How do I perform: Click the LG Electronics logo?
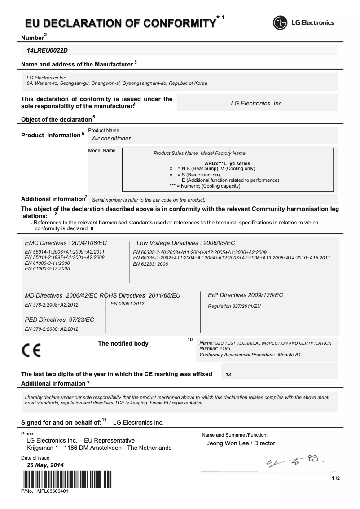pyautogui.click(x=304, y=22)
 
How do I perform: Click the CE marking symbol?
pyautogui.click(x=31, y=350)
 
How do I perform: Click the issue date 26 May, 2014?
pyautogui.click(x=45, y=465)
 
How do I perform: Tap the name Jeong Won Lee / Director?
pyautogui.click(x=241, y=443)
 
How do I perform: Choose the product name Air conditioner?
pyautogui.click(x=111, y=139)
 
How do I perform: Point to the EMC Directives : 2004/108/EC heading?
pyautogui.click(x=66, y=243)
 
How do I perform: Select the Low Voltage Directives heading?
pyautogui.click(x=185, y=243)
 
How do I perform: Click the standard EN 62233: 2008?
pyautogui.click(x=150, y=264)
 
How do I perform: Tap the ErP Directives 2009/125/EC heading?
pyautogui.click(x=246, y=295)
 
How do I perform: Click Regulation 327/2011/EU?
pyautogui.click(x=234, y=306)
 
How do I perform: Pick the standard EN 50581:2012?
pyautogui.click(x=127, y=304)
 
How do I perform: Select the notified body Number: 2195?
pyautogui.click(x=215, y=349)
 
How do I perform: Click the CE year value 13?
pyautogui.click(x=228, y=374)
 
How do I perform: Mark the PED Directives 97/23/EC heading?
pyautogui.click(x=59, y=320)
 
